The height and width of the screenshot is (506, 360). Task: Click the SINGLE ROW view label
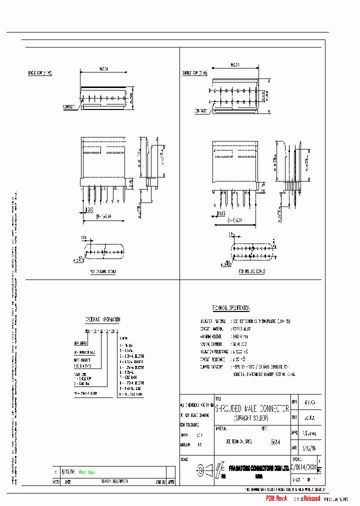[x=39, y=73]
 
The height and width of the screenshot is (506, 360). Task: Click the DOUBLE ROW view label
[x=195, y=73]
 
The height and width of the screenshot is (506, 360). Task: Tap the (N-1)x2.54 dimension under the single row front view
[x=103, y=217]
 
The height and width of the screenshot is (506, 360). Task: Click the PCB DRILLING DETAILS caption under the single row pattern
[x=103, y=271]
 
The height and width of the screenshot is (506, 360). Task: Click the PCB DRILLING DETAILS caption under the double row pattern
[x=251, y=271]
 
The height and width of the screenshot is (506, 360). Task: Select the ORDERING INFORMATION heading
[x=103, y=319]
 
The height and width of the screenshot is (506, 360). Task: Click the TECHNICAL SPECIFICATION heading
[x=230, y=308]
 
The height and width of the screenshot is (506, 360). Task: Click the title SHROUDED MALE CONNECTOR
[x=252, y=408]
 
